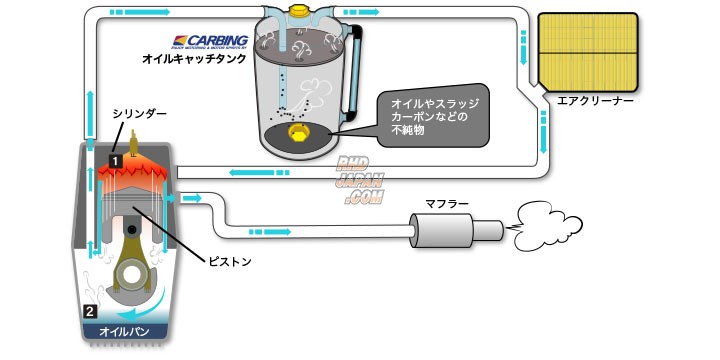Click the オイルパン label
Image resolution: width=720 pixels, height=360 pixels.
click(x=121, y=329)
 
